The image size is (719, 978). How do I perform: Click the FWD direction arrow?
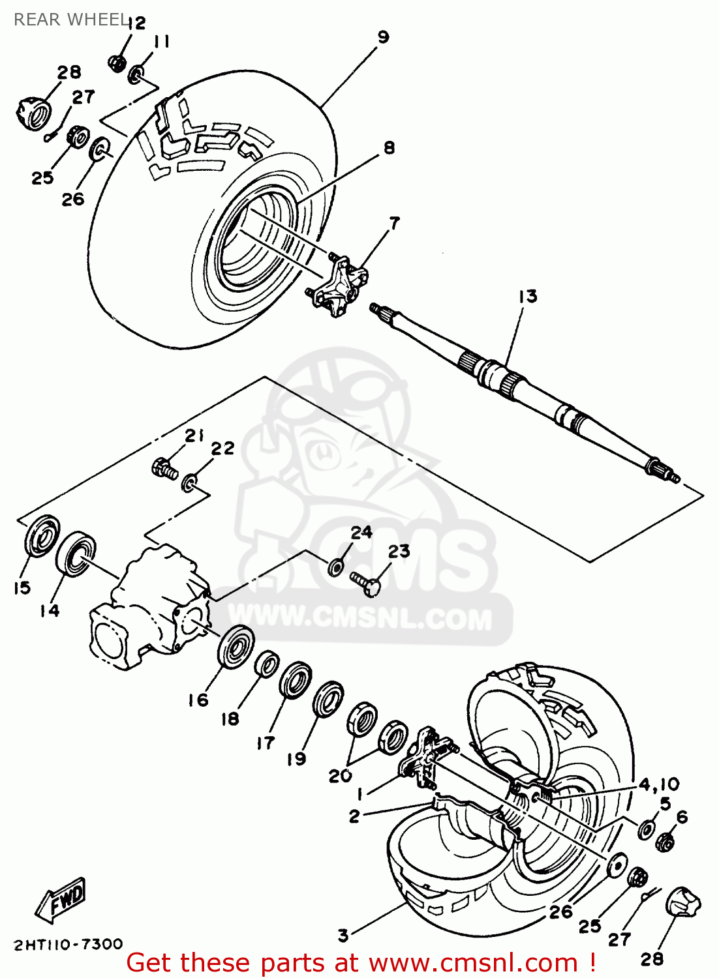click(x=61, y=900)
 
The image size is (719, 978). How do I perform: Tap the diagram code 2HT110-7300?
click(x=68, y=944)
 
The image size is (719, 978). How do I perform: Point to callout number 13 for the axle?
click(x=527, y=297)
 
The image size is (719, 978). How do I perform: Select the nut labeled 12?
click(x=117, y=63)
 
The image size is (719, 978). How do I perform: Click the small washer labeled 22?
click(x=189, y=483)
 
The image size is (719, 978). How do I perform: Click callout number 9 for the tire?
click(x=383, y=37)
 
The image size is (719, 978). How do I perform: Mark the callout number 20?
click(x=340, y=776)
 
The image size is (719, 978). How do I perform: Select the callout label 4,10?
click(x=658, y=784)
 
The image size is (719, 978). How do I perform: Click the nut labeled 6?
click(x=665, y=842)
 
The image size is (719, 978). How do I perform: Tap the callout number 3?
click(x=343, y=936)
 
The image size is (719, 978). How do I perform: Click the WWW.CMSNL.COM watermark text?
click(x=360, y=617)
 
